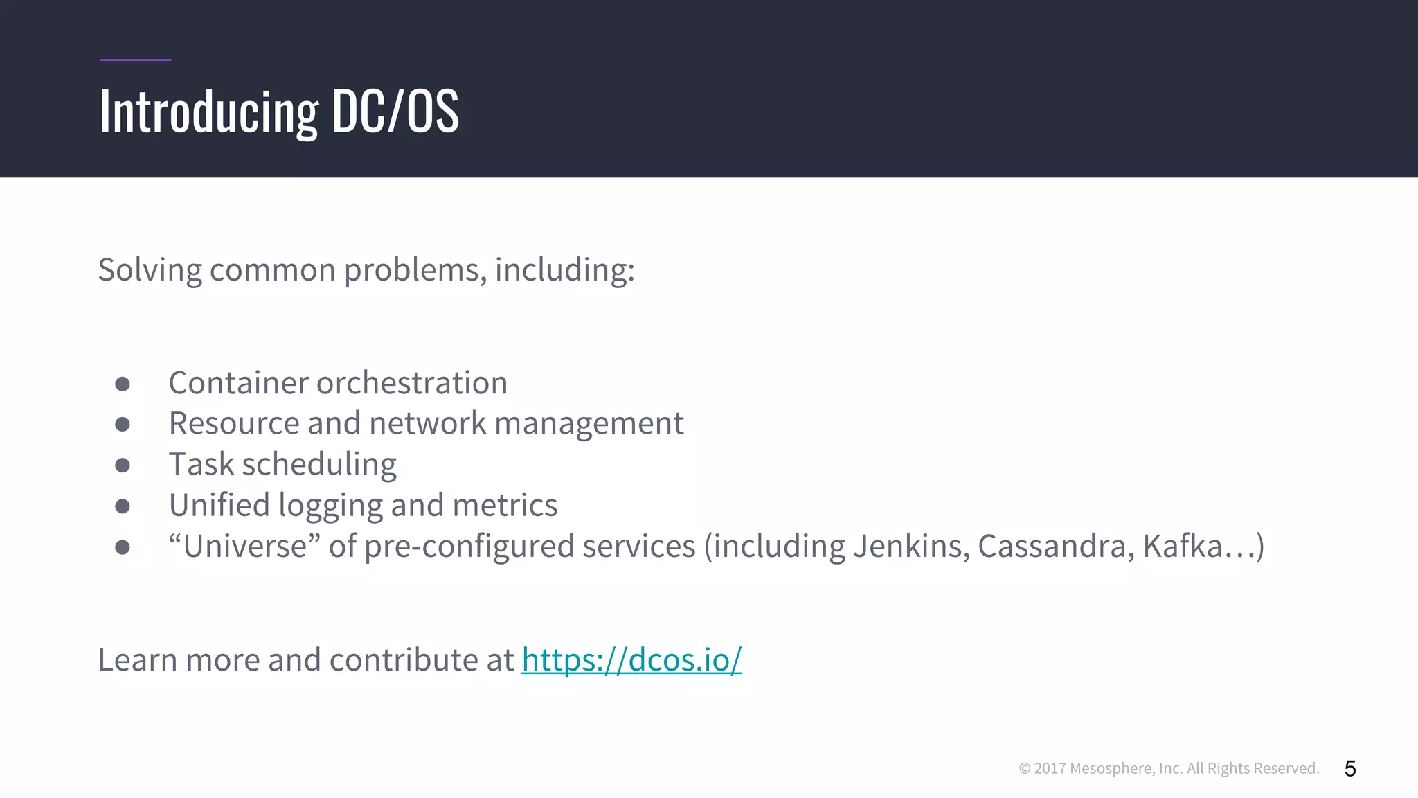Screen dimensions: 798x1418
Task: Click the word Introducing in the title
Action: click(208, 112)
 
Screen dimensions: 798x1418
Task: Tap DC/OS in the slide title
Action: click(395, 111)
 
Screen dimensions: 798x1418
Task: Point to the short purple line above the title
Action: click(135, 60)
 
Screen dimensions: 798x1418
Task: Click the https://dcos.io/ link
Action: click(631, 659)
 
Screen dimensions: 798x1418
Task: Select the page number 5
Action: click(1349, 768)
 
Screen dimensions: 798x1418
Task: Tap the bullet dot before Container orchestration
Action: click(123, 384)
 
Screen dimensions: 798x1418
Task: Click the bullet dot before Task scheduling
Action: click(123, 465)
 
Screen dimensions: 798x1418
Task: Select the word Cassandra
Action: click(1055, 547)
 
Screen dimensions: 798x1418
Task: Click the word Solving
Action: click(150, 270)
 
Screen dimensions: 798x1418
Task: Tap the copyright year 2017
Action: click(1049, 768)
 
